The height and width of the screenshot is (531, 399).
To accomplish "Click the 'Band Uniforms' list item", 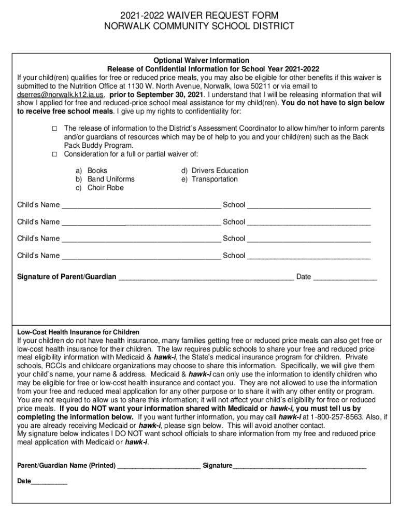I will (x=110, y=179).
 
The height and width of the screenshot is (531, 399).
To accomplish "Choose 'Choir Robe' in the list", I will (x=105, y=188).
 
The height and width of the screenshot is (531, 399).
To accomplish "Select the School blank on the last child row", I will (x=309, y=257).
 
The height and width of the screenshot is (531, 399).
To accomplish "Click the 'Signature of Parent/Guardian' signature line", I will (x=206, y=278).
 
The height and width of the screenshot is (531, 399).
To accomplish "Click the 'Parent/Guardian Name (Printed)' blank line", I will (x=159, y=467).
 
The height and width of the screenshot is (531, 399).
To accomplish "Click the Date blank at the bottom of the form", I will (x=49, y=483).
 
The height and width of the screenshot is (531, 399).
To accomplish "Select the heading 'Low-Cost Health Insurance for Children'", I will (x=78, y=332).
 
